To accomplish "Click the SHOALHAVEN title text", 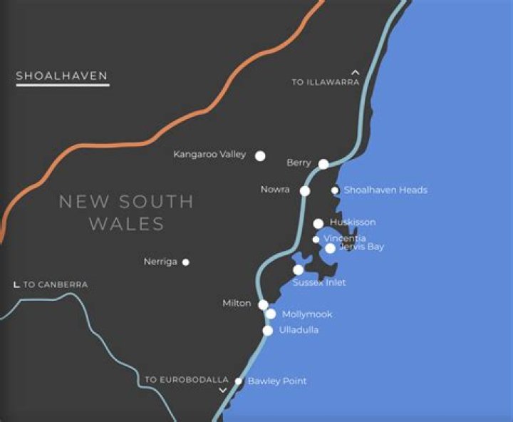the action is coord(62,76).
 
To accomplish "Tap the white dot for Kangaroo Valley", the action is coord(261,155).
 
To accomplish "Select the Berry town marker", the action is coord(323,164).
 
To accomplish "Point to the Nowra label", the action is coord(275,190).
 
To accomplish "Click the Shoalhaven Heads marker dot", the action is coord(335,190).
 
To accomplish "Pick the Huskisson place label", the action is coord(353,222).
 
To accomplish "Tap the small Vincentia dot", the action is coord(316,240).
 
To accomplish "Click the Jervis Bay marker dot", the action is coord(330,248).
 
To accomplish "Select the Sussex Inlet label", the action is coord(319,283).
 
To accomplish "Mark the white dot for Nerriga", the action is coord(186,262).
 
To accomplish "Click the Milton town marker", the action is coord(263,304).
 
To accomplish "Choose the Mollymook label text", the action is coord(307,314).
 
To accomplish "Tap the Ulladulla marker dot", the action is coord(268,330).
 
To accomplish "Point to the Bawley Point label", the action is coord(277,381).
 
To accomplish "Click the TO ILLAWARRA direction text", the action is coord(326,83).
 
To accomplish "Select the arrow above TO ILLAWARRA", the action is coord(356,72).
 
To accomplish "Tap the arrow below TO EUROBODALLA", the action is coord(223,391).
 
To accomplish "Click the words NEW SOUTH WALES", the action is coord(126,212).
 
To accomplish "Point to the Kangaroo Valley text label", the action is coord(209,155).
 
